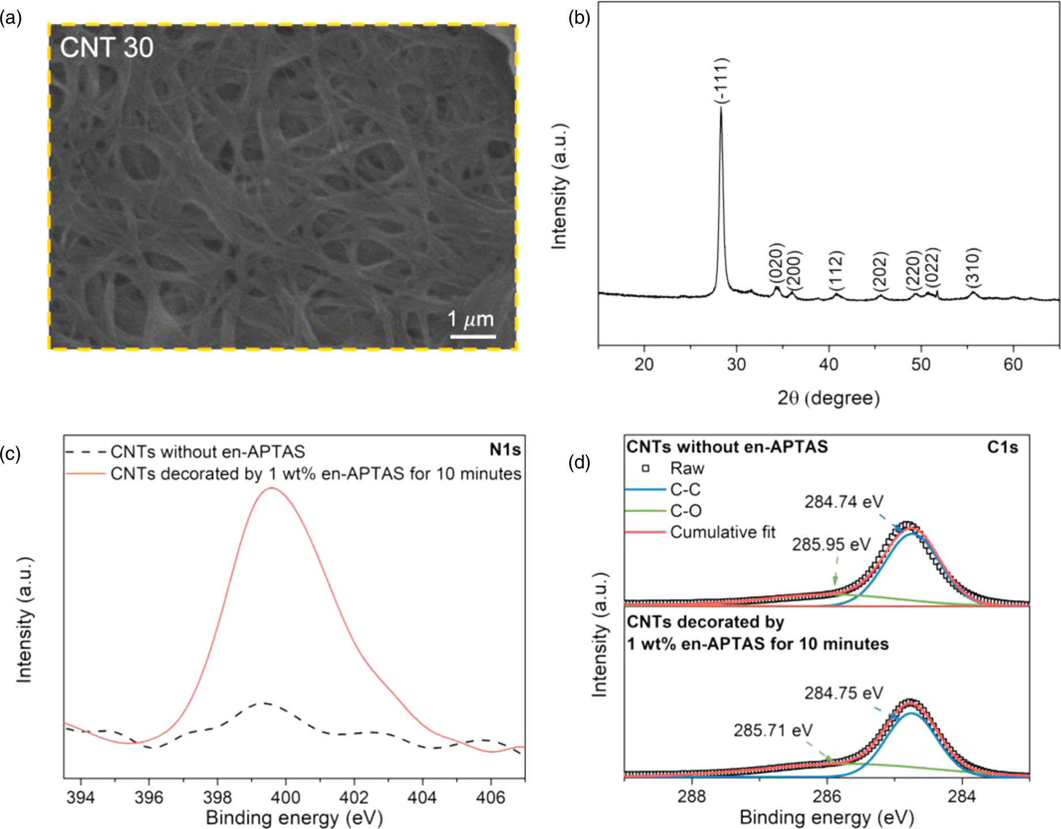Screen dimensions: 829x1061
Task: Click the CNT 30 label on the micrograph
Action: point(107,48)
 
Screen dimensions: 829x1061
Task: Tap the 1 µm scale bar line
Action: point(472,336)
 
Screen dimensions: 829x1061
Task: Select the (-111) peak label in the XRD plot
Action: point(722,81)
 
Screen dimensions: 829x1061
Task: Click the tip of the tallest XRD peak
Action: point(721,108)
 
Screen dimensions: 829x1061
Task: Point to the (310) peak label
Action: point(973,266)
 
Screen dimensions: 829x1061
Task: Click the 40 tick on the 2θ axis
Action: point(828,365)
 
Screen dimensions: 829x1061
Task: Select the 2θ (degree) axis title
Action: point(828,398)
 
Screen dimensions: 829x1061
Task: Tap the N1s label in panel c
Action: point(505,450)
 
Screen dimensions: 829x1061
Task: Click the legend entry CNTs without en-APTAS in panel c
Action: point(207,452)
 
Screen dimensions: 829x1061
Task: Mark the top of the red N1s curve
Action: point(271,488)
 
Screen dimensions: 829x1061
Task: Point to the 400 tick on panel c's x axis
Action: point(286,797)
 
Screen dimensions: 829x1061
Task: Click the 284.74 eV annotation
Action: point(843,502)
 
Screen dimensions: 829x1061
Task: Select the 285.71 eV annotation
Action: point(772,730)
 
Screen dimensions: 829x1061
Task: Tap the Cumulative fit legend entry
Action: point(722,532)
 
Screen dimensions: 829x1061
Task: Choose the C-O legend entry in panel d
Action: point(685,510)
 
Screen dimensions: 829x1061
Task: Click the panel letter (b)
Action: point(579,18)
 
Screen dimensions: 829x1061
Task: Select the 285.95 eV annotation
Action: point(831,544)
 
